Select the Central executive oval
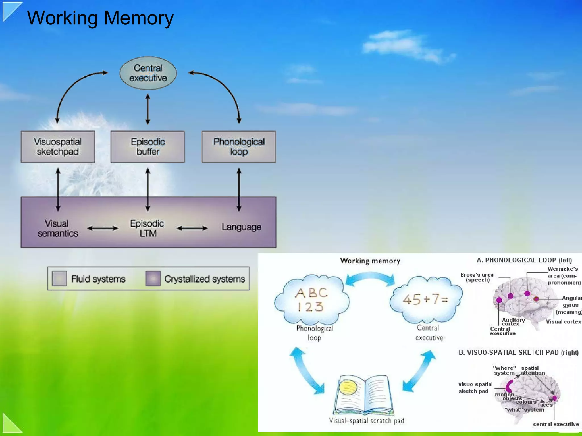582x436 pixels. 148,73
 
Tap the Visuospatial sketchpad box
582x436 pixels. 58,147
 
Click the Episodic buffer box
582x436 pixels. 147,147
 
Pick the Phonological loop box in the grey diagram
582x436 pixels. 239,147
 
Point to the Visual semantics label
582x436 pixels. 57,228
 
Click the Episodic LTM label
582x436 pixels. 147,228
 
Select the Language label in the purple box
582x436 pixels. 241,227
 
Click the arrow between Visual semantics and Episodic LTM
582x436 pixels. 103,228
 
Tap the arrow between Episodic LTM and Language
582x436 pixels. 192,228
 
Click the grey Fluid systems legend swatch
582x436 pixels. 60,279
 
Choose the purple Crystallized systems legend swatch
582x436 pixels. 153,279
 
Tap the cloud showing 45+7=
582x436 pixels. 425,299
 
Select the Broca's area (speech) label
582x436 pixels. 477,277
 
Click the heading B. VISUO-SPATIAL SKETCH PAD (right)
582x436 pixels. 519,353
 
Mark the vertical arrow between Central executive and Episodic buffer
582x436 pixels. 148,109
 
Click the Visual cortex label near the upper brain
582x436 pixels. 563,322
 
